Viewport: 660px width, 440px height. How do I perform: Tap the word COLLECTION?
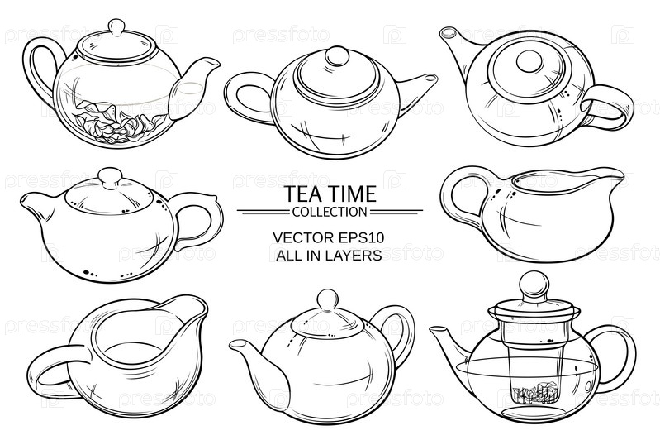[x=330, y=212]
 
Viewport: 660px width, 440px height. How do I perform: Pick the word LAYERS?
[x=356, y=255]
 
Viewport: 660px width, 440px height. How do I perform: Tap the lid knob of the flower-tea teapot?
[x=116, y=28]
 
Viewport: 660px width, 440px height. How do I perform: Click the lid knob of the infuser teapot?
[x=534, y=285]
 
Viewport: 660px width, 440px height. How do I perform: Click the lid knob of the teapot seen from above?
[x=530, y=61]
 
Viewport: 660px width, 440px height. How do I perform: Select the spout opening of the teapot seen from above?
[x=449, y=32]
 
